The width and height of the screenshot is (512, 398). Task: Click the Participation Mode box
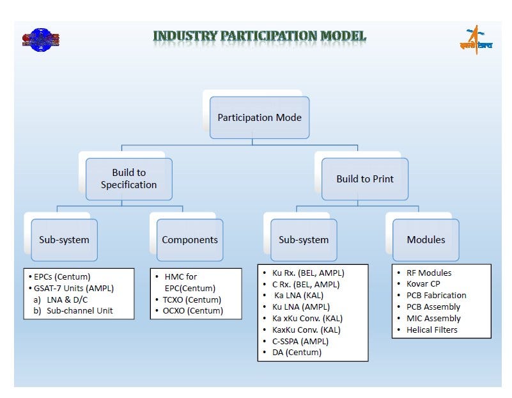pyautogui.click(x=260, y=118)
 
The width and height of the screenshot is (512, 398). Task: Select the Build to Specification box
pyautogui.click(x=128, y=179)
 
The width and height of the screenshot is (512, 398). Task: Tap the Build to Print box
pyautogui.click(x=364, y=179)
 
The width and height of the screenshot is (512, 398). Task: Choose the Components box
pyautogui.click(x=189, y=240)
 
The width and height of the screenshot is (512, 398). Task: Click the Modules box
pyautogui.click(x=426, y=240)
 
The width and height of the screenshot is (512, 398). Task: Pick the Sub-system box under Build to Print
pyautogui.click(x=304, y=240)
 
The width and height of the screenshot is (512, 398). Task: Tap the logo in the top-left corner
pyautogui.click(x=40, y=40)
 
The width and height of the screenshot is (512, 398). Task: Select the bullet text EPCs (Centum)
pyautogui.click(x=61, y=276)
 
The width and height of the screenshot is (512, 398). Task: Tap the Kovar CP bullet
pyautogui.click(x=423, y=283)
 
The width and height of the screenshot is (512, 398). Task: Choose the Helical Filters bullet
pyautogui.click(x=431, y=330)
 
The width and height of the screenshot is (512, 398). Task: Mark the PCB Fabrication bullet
pyautogui.click(x=436, y=295)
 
